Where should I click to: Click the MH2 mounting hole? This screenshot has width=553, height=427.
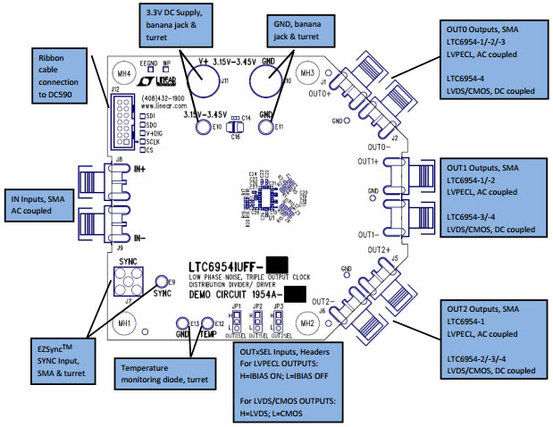coord(307,322)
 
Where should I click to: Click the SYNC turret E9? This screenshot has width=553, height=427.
coord(162,280)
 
